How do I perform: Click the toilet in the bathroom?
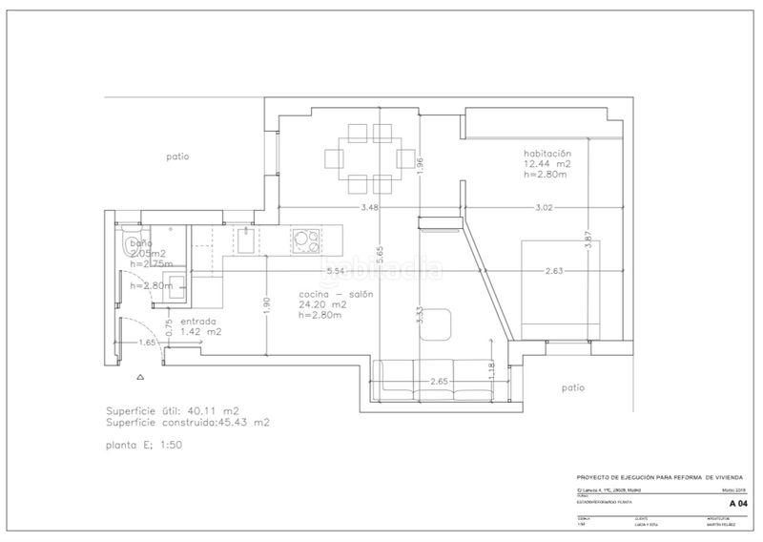point(129,241)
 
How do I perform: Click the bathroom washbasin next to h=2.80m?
point(126,284)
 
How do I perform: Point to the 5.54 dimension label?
point(335,272)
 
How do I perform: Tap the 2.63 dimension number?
point(555,272)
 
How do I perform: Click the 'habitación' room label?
point(546,153)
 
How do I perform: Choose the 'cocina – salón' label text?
point(335,295)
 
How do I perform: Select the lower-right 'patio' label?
point(572,387)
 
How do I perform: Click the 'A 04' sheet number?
point(737,502)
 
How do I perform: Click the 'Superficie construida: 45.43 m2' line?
point(187,422)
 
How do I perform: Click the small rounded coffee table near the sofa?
point(437,323)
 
